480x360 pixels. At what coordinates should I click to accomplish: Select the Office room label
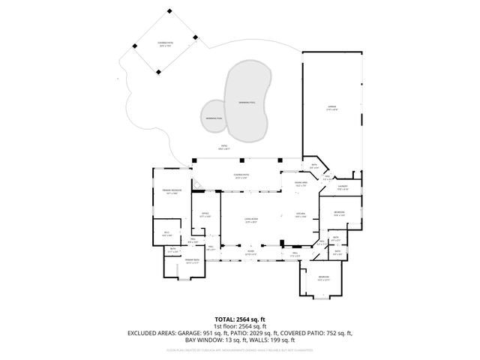click(x=205, y=215)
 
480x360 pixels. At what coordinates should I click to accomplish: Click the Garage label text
click(x=331, y=108)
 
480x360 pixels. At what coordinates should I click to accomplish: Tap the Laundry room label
click(x=341, y=187)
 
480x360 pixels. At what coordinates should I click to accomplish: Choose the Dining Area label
click(x=299, y=184)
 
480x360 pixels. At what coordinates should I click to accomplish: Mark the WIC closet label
click(x=166, y=233)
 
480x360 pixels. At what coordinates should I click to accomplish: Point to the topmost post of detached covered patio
click(x=169, y=10)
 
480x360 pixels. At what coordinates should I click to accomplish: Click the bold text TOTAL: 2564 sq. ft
click(x=240, y=319)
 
